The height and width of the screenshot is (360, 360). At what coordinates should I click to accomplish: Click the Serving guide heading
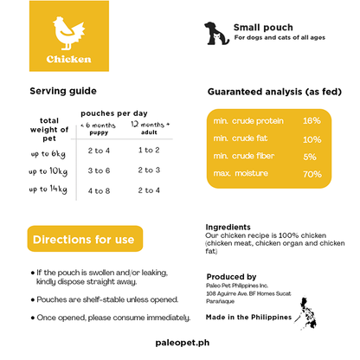pyautogui.click(x=62, y=91)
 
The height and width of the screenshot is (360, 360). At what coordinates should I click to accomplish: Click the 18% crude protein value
pyautogui.click(x=312, y=120)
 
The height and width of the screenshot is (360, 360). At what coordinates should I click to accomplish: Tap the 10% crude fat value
pyautogui.click(x=312, y=138)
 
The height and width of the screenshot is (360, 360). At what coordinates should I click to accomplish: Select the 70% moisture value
pyautogui.click(x=312, y=174)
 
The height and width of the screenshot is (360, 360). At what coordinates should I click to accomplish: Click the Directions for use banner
pyautogui.click(x=83, y=239)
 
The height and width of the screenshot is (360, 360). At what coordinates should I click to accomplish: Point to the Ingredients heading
pyautogui.click(x=230, y=226)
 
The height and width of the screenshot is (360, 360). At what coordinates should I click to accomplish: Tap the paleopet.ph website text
pyautogui.click(x=180, y=343)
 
